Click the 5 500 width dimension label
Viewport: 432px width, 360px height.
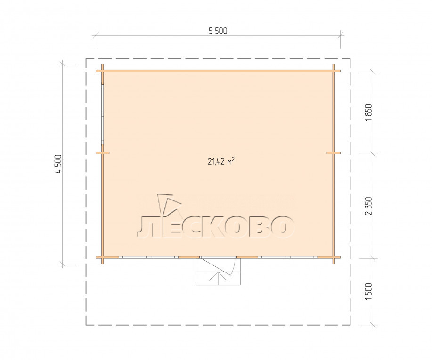218,31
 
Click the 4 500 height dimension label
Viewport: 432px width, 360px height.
59,164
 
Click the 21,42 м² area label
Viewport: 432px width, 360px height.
221,161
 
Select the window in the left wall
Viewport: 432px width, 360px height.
102,114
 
